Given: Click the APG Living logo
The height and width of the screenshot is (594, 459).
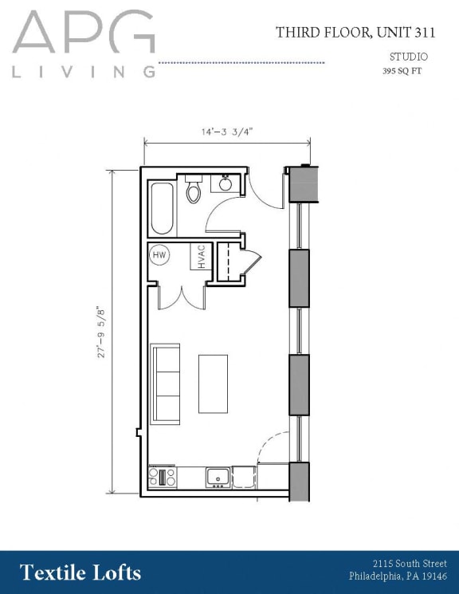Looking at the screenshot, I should pos(84,44).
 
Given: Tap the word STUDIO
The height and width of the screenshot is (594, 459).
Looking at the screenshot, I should pos(408,57).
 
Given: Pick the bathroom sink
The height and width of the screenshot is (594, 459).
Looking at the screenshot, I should pos(226,184).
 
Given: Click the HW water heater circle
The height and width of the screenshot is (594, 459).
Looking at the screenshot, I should pos(159,255).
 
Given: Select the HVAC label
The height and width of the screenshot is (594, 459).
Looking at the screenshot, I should pos(201,257).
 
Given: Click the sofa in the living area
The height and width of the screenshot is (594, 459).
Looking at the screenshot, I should pos(166,384).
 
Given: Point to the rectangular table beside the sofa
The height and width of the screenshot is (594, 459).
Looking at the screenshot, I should pos(213,384).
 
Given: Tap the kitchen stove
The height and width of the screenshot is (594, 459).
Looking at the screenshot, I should pos(163,477).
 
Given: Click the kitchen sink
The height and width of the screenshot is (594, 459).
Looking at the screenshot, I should pos(218,477).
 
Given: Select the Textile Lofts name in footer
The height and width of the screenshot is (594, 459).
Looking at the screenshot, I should pos(80,572).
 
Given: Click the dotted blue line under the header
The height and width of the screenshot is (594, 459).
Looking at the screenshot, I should pos(241,62).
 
